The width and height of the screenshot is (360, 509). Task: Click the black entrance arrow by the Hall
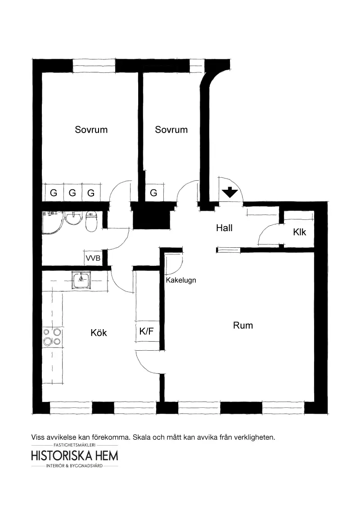[230, 192]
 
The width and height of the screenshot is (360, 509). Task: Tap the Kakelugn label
[181, 280]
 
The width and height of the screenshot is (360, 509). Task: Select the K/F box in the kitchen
[147, 332]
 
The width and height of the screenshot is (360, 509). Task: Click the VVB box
[93, 259]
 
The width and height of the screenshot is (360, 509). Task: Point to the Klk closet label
[299, 232]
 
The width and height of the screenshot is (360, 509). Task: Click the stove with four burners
[52, 337]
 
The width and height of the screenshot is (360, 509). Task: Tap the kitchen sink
[81, 280]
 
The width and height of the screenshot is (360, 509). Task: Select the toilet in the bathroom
[91, 222]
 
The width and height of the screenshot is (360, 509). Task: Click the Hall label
[224, 228]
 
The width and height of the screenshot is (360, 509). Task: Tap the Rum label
[243, 325]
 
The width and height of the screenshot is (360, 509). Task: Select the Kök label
[99, 333]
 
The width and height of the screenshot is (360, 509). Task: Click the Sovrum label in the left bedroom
[91, 129]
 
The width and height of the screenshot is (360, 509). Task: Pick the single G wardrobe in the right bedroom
[153, 193]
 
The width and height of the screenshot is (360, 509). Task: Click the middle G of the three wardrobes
[72, 193]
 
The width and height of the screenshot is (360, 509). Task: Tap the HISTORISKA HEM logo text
[75, 455]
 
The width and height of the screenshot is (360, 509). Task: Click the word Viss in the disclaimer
[39, 437]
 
